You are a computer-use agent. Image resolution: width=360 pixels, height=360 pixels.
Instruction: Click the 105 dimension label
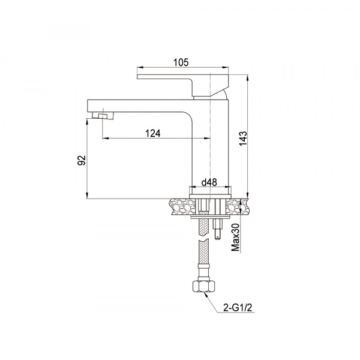pyautogui.click(x=181, y=62)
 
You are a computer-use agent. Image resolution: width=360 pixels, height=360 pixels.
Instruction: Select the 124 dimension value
pyautogui.click(x=153, y=133)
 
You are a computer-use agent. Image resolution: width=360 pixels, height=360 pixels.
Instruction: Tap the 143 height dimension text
pyautogui.click(x=243, y=139)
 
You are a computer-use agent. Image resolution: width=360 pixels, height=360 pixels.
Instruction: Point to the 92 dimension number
pyautogui.click(x=82, y=160)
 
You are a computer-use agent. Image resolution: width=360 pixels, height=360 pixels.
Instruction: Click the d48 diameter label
pyautogui.click(x=209, y=182)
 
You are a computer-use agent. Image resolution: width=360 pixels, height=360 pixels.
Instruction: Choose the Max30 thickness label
pyautogui.click(x=236, y=237)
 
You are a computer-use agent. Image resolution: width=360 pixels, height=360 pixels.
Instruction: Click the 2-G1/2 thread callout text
pyautogui.click(x=238, y=308)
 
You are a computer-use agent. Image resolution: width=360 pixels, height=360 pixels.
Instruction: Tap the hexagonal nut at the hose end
pyautogui.click(x=204, y=286)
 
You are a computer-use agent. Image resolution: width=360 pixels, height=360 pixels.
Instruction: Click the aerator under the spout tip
pyautogui.click(x=103, y=115)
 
